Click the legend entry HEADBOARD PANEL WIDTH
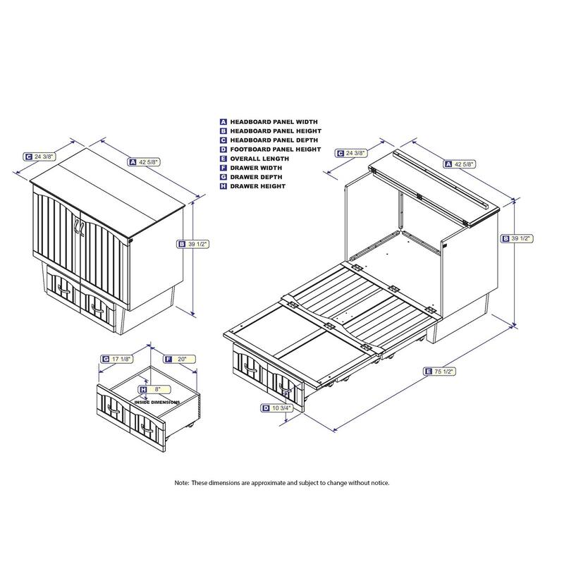click(269, 122)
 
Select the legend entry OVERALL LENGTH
click(255, 159)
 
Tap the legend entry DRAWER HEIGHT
click(253, 186)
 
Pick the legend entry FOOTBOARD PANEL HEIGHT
click(271, 149)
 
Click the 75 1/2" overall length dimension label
click(440, 372)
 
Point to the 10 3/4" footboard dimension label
click(276, 408)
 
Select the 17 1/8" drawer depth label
click(117, 359)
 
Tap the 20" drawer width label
click(180, 359)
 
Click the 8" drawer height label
click(154, 390)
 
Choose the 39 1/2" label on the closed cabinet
click(193, 244)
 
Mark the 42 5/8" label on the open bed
click(460, 164)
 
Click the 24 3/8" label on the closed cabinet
click(39, 157)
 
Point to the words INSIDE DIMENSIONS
click(157, 402)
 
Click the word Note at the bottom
click(181, 483)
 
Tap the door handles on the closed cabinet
click(79, 228)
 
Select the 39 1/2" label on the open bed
click(517, 238)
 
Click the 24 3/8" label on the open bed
click(351, 153)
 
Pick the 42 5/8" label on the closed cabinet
click(144, 162)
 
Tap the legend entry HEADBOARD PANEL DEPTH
click(269, 140)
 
